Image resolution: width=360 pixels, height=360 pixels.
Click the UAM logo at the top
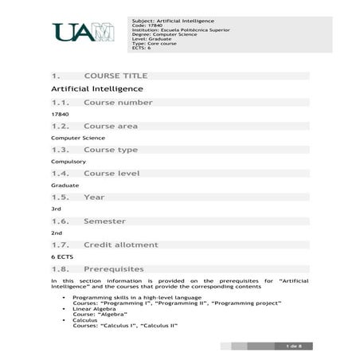click(x=82, y=32)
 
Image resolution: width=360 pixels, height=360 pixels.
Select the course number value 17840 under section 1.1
click(x=60, y=114)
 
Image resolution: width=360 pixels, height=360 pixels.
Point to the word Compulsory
click(x=68, y=161)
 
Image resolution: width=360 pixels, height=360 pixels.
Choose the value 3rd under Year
click(x=56, y=208)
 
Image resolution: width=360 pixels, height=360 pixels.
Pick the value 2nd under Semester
click(x=57, y=232)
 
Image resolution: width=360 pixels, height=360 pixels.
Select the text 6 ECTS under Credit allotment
click(x=62, y=257)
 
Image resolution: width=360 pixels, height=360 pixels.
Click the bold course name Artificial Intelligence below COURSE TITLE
click(x=97, y=88)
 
